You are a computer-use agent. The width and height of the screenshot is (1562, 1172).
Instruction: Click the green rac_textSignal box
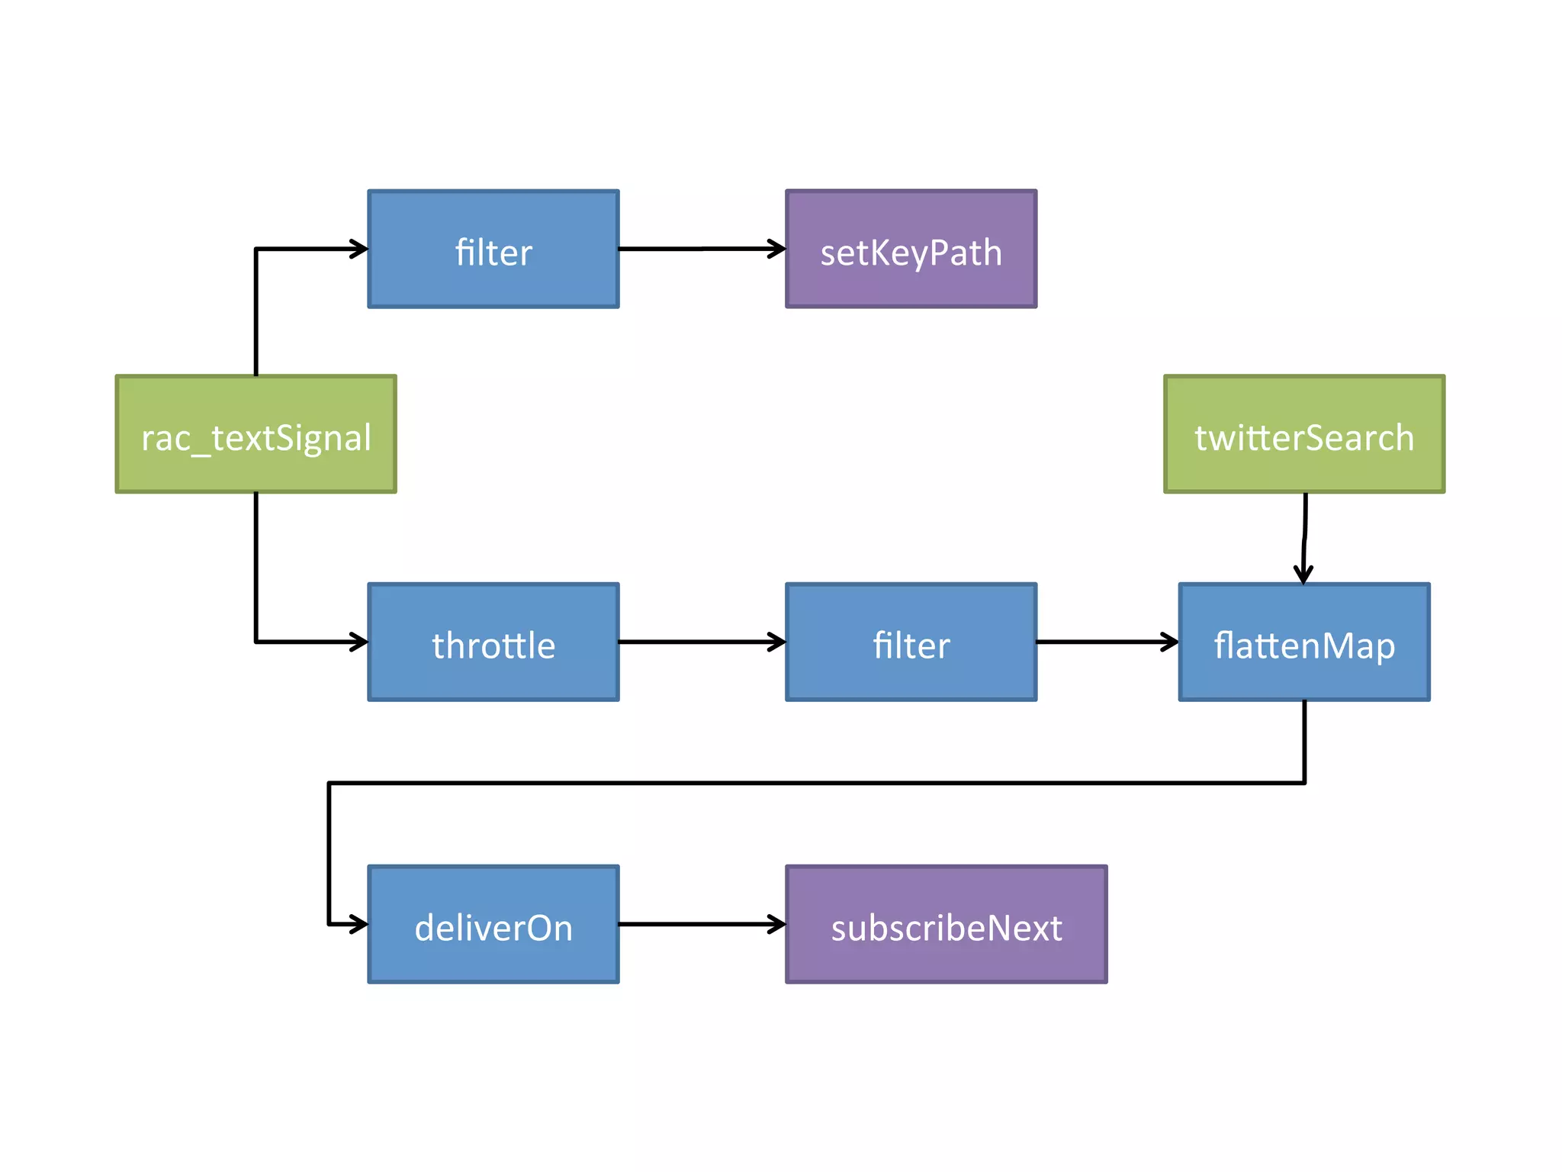pyautogui.click(x=256, y=433)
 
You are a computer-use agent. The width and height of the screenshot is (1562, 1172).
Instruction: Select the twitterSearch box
pyautogui.click(x=1304, y=433)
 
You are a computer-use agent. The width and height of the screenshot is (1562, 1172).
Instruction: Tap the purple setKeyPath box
pyautogui.click(x=911, y=249)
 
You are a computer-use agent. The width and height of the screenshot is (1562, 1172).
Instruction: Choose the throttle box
pyautogui.click(x=493, y=642)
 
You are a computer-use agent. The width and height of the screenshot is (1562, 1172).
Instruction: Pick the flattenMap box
pyautogui.click(x=1304, y=642)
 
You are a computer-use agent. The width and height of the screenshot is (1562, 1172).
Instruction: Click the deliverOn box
pyautogui.click(x=493, y=924)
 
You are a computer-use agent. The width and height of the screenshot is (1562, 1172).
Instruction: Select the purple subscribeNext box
pyautogui.click(x=946, y=924)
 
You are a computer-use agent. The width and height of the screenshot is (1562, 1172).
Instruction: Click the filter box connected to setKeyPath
pyautogui.click(x=493, y=249)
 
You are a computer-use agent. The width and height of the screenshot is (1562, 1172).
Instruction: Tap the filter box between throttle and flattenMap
pyautogui.click(x=911, y=642)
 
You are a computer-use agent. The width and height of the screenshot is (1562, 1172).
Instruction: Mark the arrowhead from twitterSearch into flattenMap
pyautogui.click(x=1303, y=574)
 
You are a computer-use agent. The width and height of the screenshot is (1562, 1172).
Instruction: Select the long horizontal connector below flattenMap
pyautogui.click(x=816, y=783)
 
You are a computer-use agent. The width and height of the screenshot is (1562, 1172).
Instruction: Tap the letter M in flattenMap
pyautogui.click(x=1340, y=646)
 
